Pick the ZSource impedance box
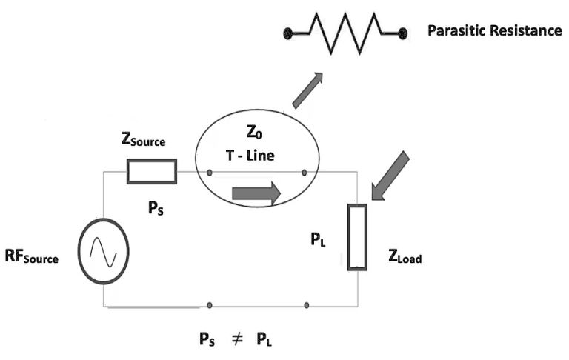[x=152, y=171]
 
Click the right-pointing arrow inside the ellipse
[x=256, y=194]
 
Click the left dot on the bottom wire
[x=210, y=304]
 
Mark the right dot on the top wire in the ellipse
[x=305, y=173]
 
